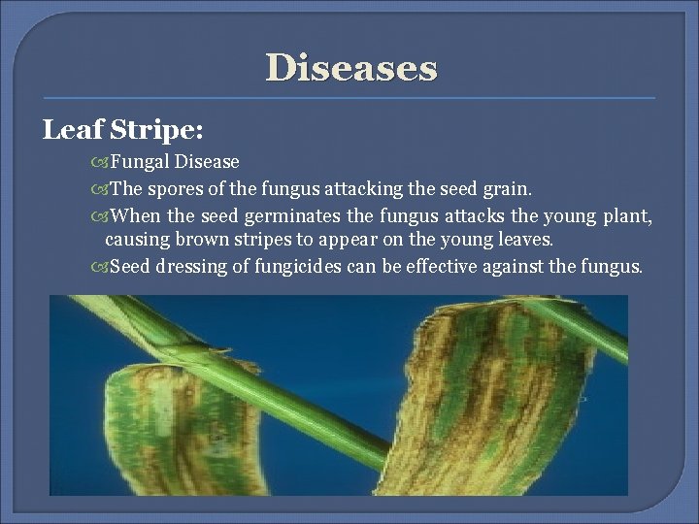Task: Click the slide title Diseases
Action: tap(351, 68)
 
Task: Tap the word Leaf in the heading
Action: tap(69, 129)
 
